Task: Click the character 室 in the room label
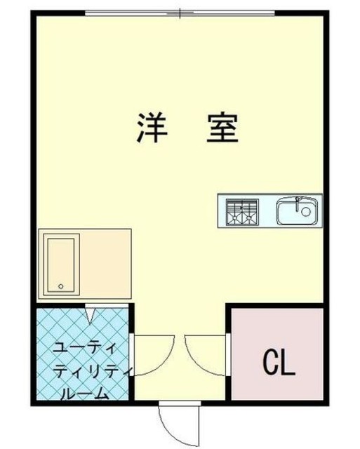pyautogui.click(x=222, y=128)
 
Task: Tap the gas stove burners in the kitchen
pyautogui.click(x=241, y=211)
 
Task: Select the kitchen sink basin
pyautogui.click(x=298, y=210)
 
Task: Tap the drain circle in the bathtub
pyautogui.click(x=61, y=286)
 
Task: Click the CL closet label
pyautogui.click(x=279, y=362)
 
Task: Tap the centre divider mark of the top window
pyautogui.click(x=180, y=13)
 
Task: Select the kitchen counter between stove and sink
pyautogui.click(x=267, y=210)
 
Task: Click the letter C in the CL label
pyautogui.click(x=270, y=362)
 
